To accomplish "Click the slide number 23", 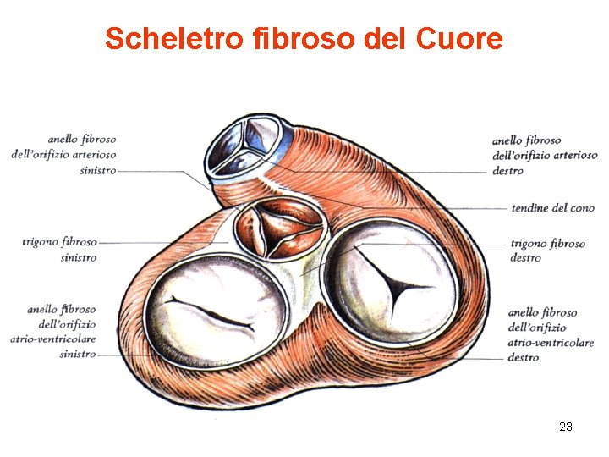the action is [566, 427].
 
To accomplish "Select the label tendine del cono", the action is [552, 208].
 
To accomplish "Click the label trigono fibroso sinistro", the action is [60, 250].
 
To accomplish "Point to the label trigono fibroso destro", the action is [547, 251].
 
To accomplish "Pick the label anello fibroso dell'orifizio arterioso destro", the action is [544, 155].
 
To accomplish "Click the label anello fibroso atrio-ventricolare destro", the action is [543, 335].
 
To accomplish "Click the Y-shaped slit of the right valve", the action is [392, 286].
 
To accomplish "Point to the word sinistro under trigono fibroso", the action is [78, 258].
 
